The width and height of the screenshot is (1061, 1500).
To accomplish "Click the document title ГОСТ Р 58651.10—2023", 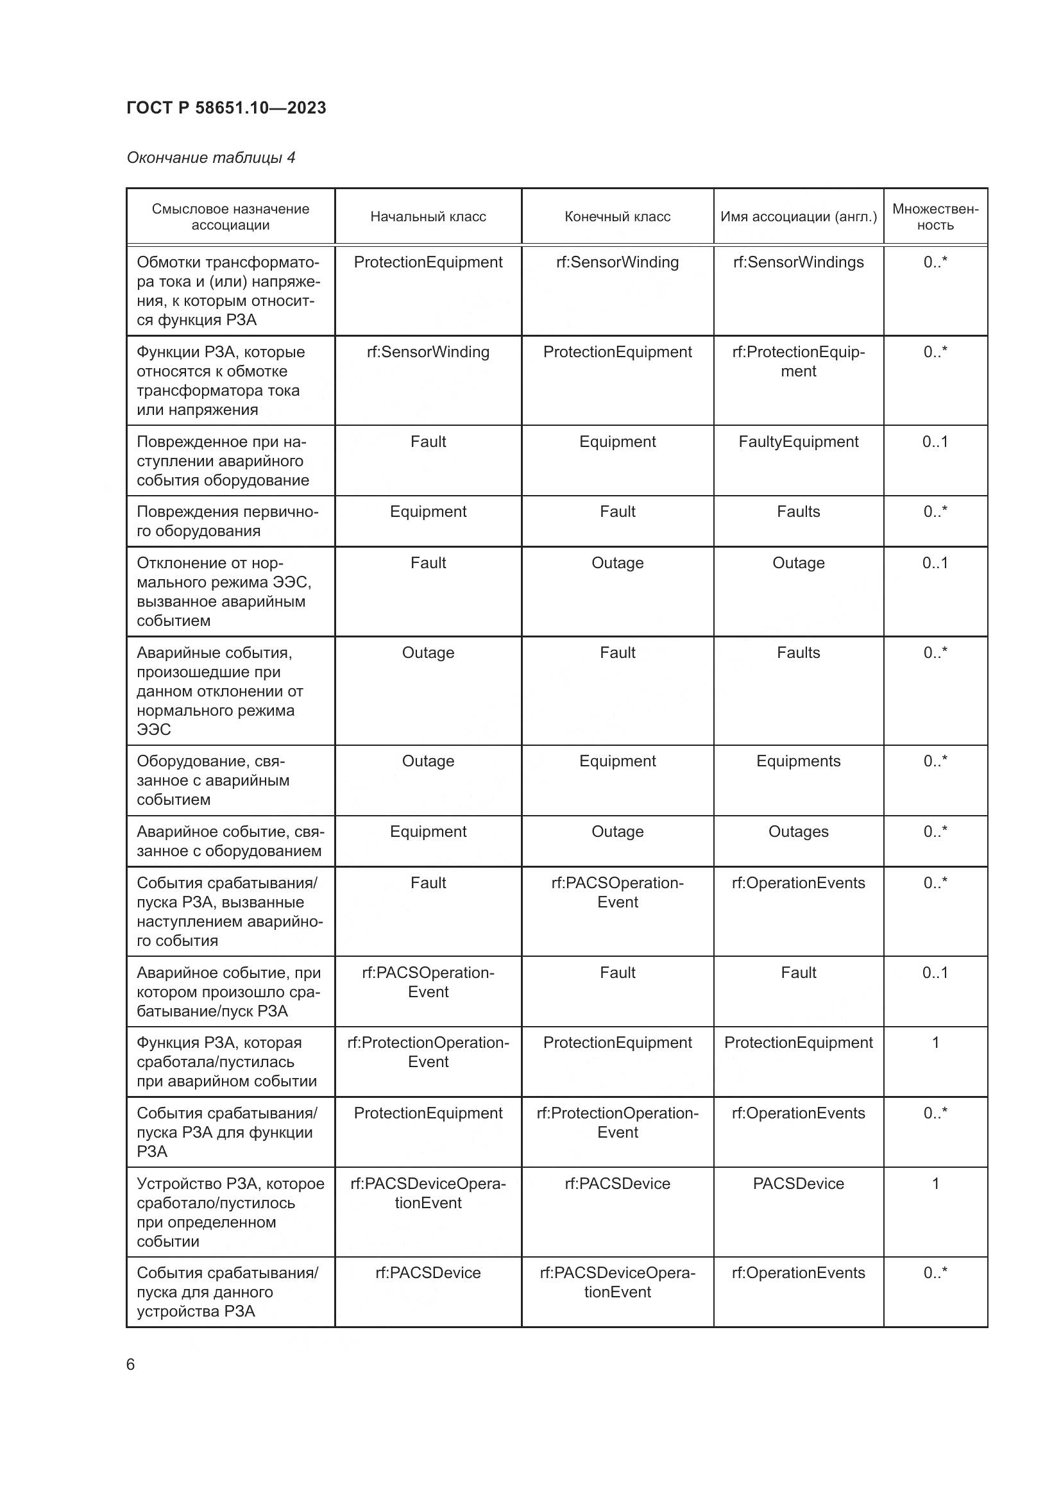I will click(x=226, y=108).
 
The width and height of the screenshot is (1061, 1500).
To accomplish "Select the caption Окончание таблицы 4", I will click(x=210, y=158).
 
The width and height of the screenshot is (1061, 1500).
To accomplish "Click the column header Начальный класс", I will click(x=428, y=217).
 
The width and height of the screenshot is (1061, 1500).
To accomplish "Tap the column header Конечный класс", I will click(x=617, y=217).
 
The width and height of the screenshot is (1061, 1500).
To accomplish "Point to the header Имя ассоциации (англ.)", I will click(x=799, y=217).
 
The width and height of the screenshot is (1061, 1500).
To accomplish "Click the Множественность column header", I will click(x=935, y=217).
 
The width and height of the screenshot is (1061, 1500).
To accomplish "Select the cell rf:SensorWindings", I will click(x=799, y=263).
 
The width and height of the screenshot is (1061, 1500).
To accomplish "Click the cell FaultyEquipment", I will click(x=799, y=442).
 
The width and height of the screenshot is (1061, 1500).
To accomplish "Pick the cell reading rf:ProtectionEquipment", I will click(x=799, y=362).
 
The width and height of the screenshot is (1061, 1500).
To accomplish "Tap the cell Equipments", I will click(x=799, y=762).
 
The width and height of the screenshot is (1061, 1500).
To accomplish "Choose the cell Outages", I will click(x=799, y=832).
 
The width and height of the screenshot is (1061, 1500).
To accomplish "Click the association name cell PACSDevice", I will click(x=799, y=1184).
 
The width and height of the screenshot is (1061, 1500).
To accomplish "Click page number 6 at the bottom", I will click(x=131, y=1365).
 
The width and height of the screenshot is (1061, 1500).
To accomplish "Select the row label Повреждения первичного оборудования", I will click(x=226, y=521).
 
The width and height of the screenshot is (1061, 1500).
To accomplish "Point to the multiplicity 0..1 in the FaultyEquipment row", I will click(x=935, y=442).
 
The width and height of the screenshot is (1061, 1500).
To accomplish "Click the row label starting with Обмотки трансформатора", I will click(x=228, y=291).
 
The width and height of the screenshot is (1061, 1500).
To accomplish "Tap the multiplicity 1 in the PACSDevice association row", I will click(x=935, y=1184).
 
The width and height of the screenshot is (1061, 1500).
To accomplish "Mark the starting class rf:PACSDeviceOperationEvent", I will click(x=428, y=1193).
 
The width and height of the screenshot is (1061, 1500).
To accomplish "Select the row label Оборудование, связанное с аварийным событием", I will click(x=212, y=780).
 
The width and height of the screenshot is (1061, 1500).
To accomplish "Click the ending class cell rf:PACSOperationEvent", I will click(x=617, y=893).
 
